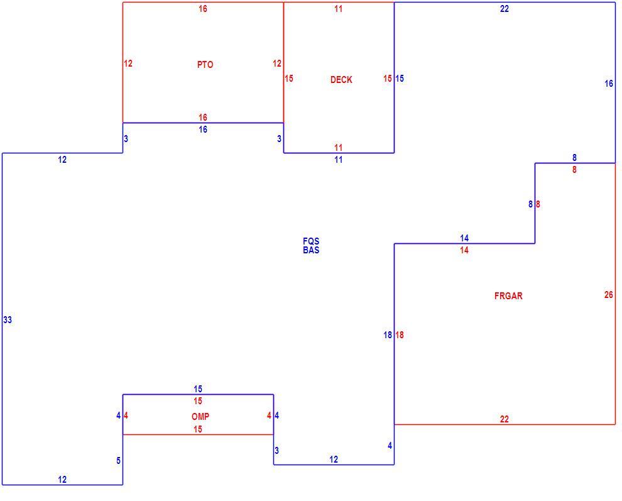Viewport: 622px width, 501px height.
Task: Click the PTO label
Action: click(205, 65)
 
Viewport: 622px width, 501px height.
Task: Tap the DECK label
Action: click(341, 80)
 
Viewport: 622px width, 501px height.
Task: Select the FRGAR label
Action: click(508, 295)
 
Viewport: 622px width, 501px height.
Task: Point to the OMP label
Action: click(200, 416)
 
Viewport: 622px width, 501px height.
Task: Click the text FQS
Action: click(311, 241)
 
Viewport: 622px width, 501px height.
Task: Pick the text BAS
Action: click(311, 250)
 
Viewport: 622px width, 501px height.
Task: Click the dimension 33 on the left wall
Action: click(8, 320)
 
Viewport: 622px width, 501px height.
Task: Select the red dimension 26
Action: click(609, 295)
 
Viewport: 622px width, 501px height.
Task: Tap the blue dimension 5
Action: click(118, 461)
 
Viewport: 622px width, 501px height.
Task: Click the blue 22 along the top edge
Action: click(504, 9)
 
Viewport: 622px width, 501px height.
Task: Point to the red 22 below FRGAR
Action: click(504, 419)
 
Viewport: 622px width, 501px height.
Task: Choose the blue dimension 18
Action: click(388, 335)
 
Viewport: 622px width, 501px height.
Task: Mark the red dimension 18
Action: click(400, 335)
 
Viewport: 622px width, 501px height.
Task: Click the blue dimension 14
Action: click(464, 238)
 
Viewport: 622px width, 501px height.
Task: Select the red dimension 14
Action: click(464, 250)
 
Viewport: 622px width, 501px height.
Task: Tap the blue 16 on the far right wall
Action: click(609, 84)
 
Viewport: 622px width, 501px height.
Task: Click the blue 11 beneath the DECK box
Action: click(339, 160)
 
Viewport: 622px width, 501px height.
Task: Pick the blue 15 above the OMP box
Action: click(198, 389)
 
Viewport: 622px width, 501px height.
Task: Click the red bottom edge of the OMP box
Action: click(198, 435)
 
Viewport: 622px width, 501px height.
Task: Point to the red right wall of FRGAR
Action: click(615, 294)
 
